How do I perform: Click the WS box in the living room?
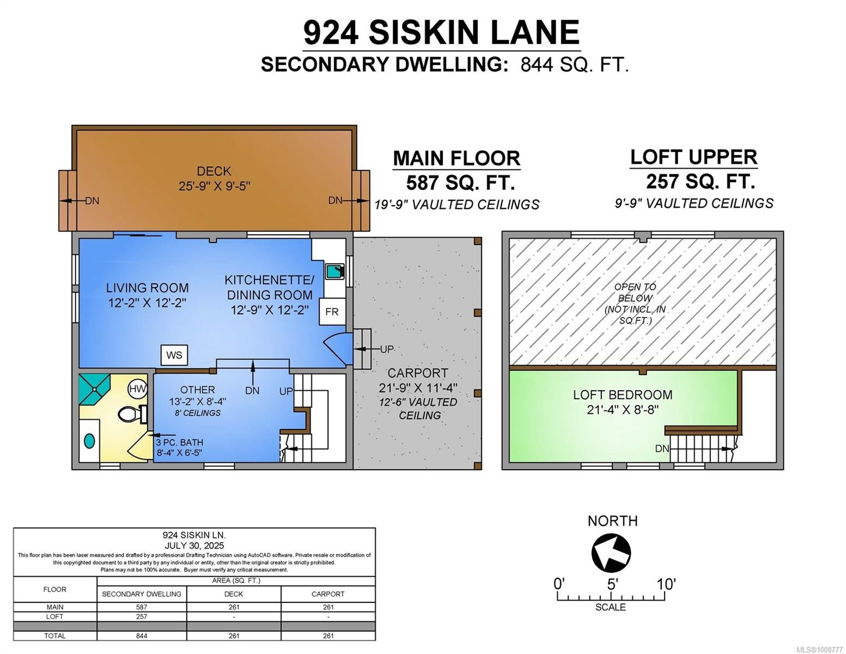(174, 355)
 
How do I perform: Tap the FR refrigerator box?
(332, 312)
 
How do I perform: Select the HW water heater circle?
(137, 389)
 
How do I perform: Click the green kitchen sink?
(334, 271)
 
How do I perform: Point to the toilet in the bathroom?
(131, 414)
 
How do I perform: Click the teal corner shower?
(94, 389)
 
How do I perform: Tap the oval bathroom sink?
(89, 440)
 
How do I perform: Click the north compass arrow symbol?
(611, 553)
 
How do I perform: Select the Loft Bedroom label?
(622, 395)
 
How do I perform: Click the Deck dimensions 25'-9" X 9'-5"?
(214, 186)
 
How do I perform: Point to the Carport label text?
(417, 373)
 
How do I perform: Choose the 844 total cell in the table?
(142, 635)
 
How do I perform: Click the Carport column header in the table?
(328, 594)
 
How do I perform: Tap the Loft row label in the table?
(54, 616)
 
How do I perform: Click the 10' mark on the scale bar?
(665, 584)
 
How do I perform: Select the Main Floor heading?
(456, 158)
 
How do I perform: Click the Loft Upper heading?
(693, 157)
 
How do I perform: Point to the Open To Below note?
(635, 304)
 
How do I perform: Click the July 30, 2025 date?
(194, 545)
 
